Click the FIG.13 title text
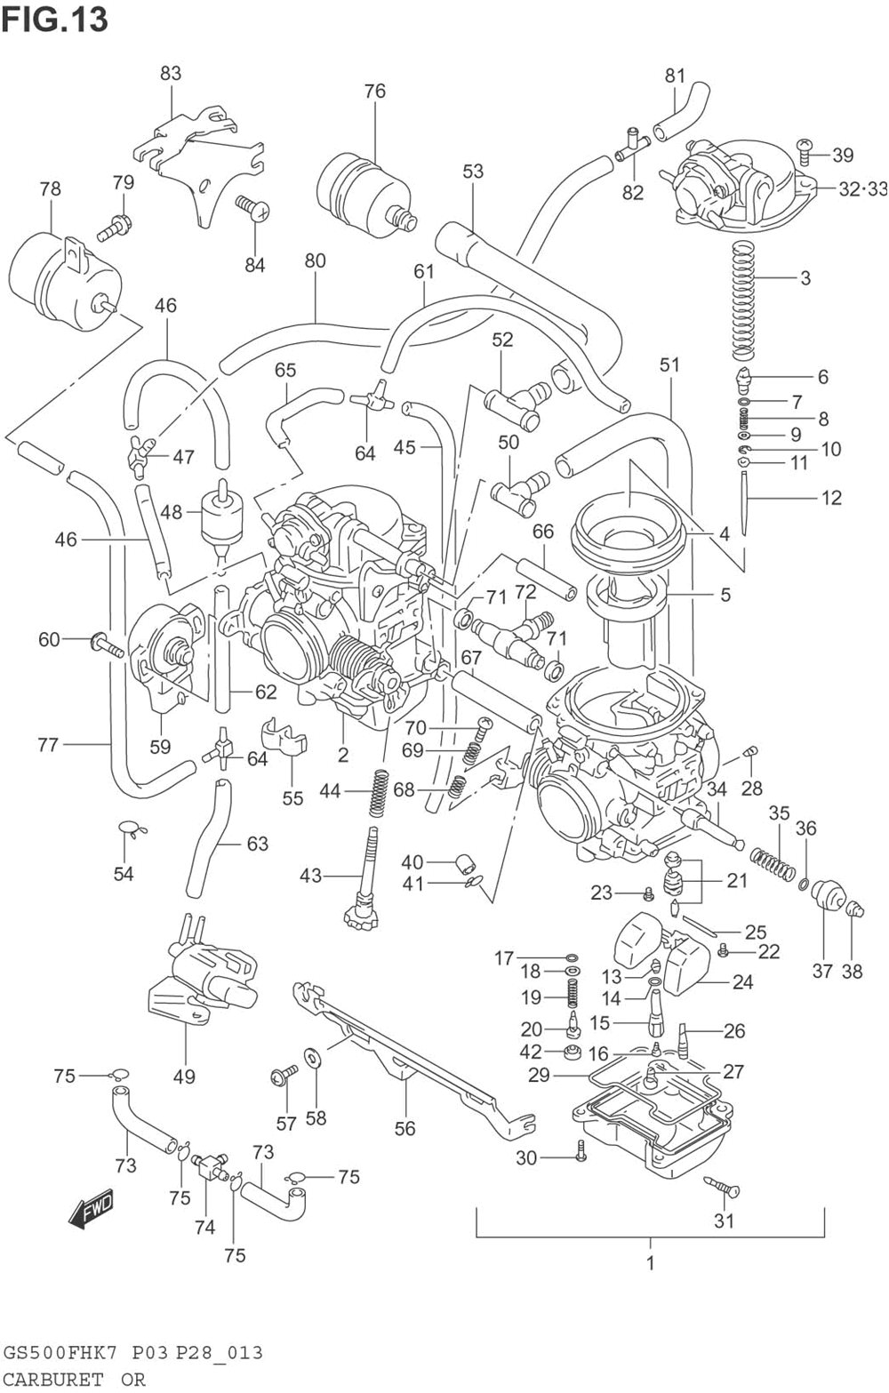pos(55,20)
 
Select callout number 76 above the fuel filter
pos(374,92)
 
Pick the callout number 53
pos(473,172)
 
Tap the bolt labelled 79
pos(113,228)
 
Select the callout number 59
pos(160,746)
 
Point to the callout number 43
pos(310,876)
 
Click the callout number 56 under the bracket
pos(404,1128)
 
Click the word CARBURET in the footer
pos(53,1379)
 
